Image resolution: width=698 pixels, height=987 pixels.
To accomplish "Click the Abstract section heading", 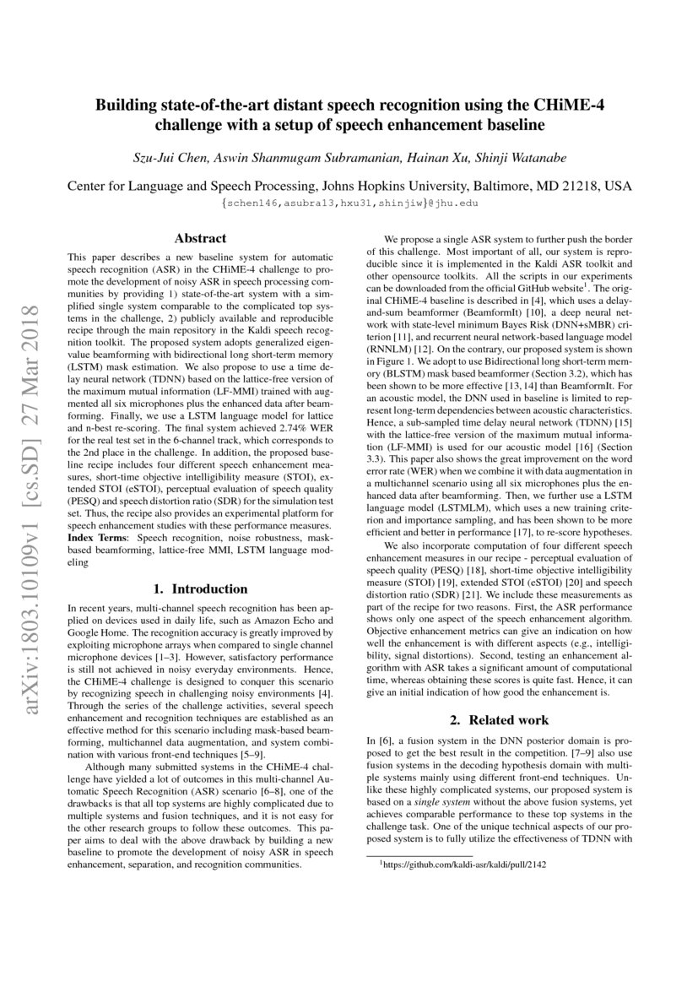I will click(200, 238).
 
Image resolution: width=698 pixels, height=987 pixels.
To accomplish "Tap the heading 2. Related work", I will click(498, 719).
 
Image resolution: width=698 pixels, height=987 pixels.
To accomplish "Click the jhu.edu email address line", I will click(349, 203).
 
